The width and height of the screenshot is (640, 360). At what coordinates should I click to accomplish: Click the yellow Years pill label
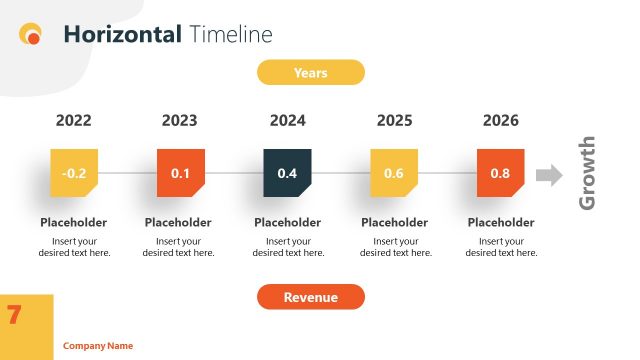(x=310, y=73)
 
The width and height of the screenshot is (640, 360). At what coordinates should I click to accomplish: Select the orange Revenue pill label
(x=310, y=297)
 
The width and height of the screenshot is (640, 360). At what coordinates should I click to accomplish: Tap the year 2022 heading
(x=73, y=121)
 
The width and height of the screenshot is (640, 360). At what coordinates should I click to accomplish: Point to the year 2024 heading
(x=287, y=121)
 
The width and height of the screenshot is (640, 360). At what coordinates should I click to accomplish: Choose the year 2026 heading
(x=500, y=121)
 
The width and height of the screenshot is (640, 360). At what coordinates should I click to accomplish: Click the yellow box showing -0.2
(x=74, y=173)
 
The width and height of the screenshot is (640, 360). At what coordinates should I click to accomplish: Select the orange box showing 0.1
(x=180, y=173)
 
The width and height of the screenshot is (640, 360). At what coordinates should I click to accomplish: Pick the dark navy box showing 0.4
(x=287, y=173)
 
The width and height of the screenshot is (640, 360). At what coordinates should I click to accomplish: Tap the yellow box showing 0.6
(x=394, y=173)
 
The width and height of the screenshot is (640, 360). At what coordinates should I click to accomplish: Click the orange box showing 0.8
(x=500, y=173)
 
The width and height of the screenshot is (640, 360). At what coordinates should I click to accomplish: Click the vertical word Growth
(x=588, y=173)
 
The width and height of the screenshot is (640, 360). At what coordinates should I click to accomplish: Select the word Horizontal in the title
(x=122, y=35)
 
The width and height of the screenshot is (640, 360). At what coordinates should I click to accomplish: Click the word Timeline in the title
(x=230, y=35)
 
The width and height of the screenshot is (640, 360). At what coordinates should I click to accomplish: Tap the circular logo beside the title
(x=31, y=35)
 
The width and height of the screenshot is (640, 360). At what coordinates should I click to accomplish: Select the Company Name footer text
(x=98, y=346)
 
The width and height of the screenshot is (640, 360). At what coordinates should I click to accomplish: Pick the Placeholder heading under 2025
(x=394, y=222)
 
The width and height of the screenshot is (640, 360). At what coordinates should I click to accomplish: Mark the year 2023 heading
(x=179, y=121)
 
